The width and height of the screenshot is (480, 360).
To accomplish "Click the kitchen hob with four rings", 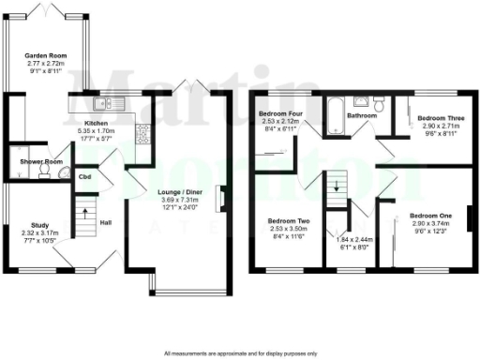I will [x=142, y=133].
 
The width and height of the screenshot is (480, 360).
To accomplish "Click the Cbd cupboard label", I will [x=84, y=176].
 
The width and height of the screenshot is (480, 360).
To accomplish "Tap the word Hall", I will [x=106, y=222].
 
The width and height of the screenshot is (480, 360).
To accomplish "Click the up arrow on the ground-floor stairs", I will [x=86, y=214].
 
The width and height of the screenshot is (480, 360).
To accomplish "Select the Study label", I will [x=40, y=224].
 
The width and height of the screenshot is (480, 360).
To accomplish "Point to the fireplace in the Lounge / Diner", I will [x=219, y=199].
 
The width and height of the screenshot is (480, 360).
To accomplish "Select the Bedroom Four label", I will [x=277, y=113].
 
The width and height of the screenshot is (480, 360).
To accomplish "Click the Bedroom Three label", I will [x=436, y=117].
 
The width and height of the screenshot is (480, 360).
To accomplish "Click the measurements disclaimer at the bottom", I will [x=239, y=352].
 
